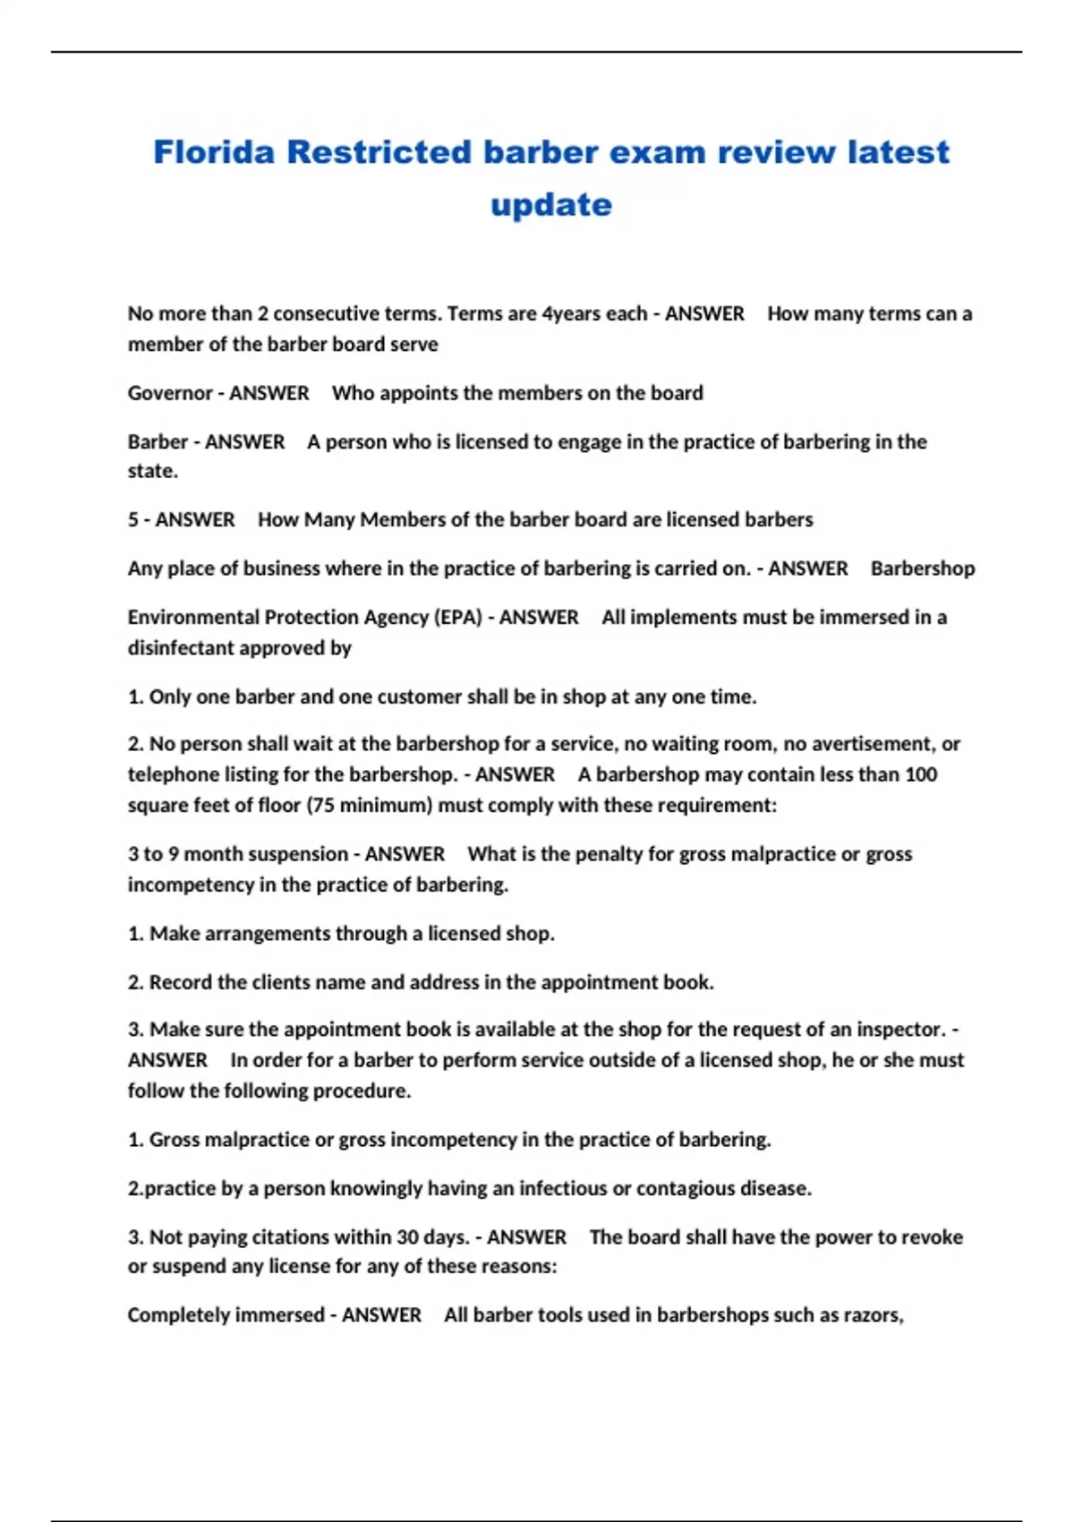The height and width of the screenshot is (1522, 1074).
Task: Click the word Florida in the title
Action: coord(214,152)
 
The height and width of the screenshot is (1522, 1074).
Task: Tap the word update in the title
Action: coord(551,205)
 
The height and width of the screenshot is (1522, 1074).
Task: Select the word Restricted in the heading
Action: coord(379,152)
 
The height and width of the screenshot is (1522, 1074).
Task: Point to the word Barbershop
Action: coord(923,569)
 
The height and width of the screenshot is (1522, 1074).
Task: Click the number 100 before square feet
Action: coord(920,774)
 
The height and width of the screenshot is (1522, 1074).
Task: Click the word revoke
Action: coord(932,1237)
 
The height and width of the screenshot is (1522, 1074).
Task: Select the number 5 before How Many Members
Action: coord(132,520)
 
